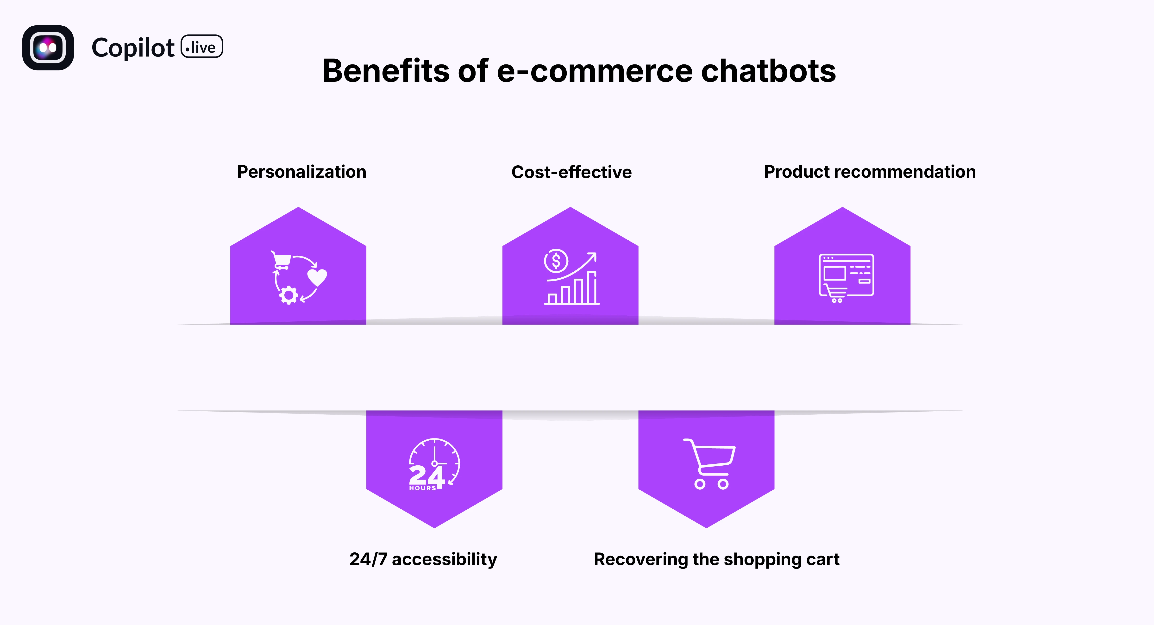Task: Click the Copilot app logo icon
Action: click(48, 48)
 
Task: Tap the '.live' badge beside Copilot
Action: click(202, 47)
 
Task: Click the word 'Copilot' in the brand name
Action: click(133, 48)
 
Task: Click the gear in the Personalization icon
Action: click(289, 295)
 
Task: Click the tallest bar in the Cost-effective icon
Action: click(592, 288)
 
